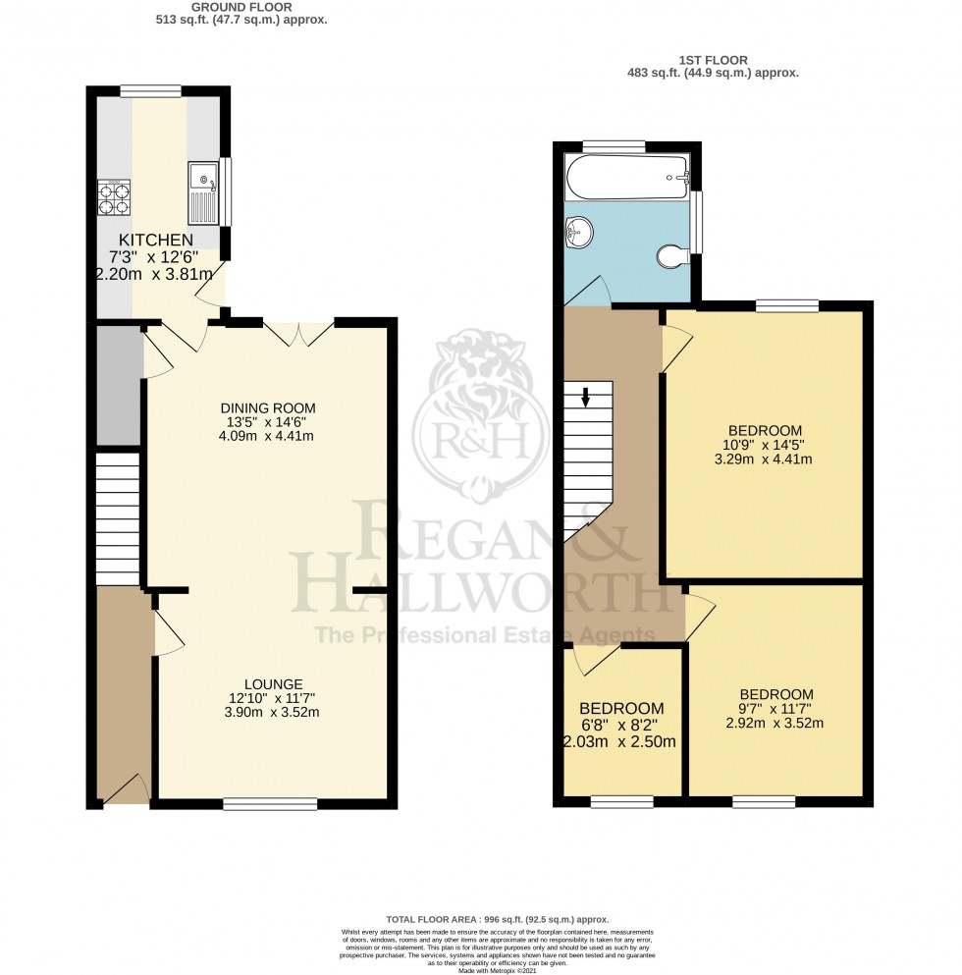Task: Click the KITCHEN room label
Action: [x=155, y=241]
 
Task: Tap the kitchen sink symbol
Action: [x=203, y=192]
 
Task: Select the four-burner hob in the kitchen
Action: [x=114, y=197]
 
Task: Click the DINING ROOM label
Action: [x=268, y=408]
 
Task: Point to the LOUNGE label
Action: [x=274, y=684]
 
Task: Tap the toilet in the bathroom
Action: [x=671, y=256]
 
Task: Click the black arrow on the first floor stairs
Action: [x=585, y=397]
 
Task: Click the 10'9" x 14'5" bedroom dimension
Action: [x=765, y=444]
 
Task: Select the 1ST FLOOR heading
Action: [x=713, y=58]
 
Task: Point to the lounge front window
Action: [x=270, y=804]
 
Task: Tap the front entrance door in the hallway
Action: [x=126, y=787]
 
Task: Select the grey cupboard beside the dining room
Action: [x=119, y=385]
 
